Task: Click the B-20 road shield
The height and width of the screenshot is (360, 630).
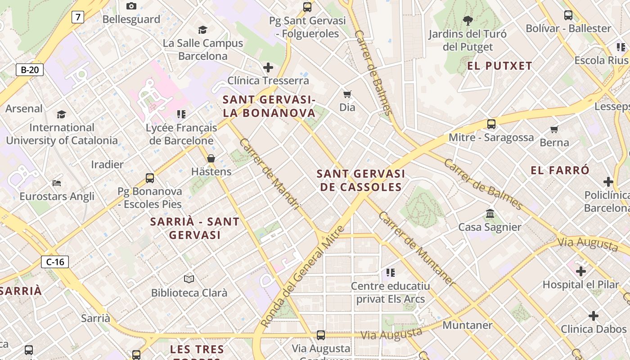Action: tap(30, 70)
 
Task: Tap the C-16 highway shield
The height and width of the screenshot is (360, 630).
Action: tap(55, 262)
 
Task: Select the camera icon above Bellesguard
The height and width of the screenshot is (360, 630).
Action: tap(131, 6)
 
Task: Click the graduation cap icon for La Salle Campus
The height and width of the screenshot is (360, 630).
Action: tap(202, 30)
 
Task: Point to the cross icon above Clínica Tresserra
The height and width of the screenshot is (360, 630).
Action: tap(268, 67)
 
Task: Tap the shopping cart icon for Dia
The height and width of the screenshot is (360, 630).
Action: tap(347, 94)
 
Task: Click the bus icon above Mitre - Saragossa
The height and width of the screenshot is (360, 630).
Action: tap(491, 124)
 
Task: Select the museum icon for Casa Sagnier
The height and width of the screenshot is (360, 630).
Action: tap(490, 213)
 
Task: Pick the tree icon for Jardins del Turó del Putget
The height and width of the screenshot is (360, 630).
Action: tap(468, 20)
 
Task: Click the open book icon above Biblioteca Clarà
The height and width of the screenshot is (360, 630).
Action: tap(189, 279)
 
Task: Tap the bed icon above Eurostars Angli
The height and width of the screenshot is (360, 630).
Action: tap(57, 183)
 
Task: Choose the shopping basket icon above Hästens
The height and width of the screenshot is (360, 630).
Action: tap(211, 158)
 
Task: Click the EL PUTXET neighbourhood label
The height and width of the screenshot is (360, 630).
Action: tap(499, 66)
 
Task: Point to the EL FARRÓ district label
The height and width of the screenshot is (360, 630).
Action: tap(560, 170)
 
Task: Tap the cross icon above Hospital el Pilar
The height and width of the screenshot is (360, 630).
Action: tap(581, 271)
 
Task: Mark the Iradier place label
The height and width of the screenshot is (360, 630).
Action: tap(107, 164)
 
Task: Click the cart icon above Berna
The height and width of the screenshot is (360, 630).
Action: tap(554, 130)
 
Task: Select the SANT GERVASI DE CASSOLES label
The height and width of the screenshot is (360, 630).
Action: tap(361, 180)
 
